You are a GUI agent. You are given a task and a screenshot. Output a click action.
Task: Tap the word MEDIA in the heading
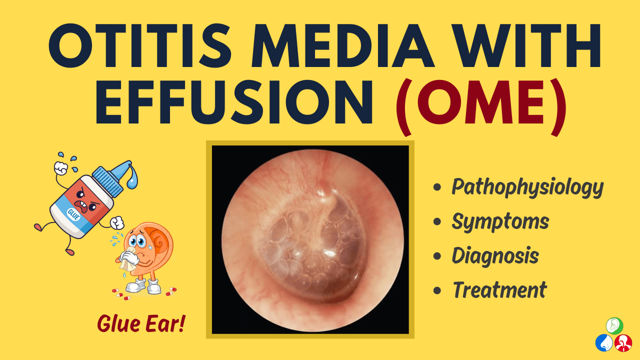coord(343,45)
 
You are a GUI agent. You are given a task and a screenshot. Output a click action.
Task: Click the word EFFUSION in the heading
coord(234,102)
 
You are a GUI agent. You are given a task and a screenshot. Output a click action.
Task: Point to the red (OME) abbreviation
coord(481,106)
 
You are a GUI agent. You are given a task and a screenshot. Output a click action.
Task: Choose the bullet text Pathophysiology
coord(527,187)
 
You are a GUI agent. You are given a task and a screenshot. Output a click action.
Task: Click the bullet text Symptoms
coord(500,221)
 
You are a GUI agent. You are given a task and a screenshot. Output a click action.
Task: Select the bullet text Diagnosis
coord(495,255)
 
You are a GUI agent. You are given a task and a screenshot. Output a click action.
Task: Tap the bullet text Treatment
coord(499,289)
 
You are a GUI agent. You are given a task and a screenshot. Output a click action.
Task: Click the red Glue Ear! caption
coord(141,323)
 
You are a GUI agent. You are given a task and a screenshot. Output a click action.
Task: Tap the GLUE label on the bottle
coord(73,214)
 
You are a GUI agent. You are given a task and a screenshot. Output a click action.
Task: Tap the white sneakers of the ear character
coord(142,286)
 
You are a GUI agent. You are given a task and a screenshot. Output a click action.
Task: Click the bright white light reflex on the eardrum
coord(329,253)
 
